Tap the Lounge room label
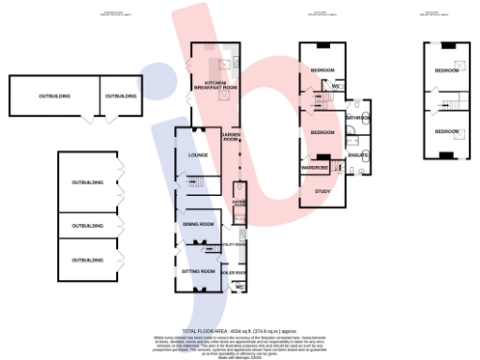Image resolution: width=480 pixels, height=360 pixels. pyautogui.click(x=198, y=155)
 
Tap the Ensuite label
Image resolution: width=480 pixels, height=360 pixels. pyautogui.click(x=357, y=155)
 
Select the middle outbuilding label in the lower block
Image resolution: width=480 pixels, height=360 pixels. pyautogui.click(x=87, y=226)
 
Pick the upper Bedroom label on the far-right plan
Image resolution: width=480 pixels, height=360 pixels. pyautogui.click(x=446, y=70)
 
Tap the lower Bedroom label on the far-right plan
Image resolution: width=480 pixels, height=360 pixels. pyautogui.click(x=446, y=130)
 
